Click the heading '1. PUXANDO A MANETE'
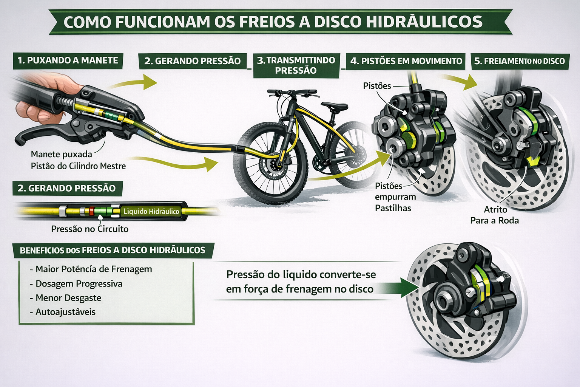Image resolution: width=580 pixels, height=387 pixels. tap(68, 60)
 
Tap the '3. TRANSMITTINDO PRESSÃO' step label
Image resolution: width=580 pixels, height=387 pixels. tap(296, 65)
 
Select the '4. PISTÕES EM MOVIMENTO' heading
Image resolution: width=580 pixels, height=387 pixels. tap(406, 61)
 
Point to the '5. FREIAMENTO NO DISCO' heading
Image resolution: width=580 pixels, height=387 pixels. tap(519, 61)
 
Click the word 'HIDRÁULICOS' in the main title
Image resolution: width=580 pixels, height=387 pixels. tap(424, 22)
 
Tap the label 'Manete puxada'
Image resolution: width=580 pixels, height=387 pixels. tap(61, 154)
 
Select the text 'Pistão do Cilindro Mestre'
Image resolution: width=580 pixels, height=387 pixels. tap(78, 166)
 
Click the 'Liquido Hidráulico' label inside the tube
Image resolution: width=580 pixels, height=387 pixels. tap(151, 211)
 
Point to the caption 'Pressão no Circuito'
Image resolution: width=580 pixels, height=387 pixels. tap(89, 229)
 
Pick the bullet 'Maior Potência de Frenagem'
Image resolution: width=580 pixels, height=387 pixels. tap(93, 269)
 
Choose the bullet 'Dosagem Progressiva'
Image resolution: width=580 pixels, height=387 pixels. tap(79, 283)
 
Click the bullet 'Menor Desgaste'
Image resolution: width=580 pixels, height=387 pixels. tap(68, 298)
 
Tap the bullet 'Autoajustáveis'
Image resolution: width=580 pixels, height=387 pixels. tap(65, 312)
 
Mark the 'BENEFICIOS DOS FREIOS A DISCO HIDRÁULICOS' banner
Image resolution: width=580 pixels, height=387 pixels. tap(112, 250)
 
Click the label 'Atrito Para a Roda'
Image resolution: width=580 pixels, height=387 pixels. tap(495, 215)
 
